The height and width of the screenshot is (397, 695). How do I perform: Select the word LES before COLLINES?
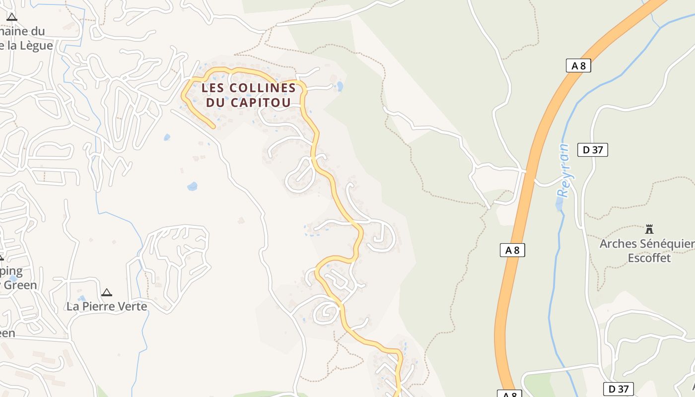coord(211,88)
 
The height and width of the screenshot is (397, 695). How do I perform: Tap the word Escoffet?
coord(649,258)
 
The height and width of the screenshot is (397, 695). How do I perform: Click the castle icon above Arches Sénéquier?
coord(649,229)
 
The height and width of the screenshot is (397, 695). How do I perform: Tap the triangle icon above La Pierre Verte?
coord(106,293)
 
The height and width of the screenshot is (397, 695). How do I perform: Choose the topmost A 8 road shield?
coord(578,66)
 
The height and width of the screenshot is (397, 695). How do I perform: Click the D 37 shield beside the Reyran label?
coord(593,150)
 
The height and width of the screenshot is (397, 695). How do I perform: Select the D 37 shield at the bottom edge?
coord(619,389)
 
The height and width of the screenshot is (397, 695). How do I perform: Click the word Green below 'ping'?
coord(20,285)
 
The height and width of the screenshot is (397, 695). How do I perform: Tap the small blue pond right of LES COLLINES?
coord(340,86)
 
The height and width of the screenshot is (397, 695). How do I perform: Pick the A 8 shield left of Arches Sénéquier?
coord(512,251)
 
